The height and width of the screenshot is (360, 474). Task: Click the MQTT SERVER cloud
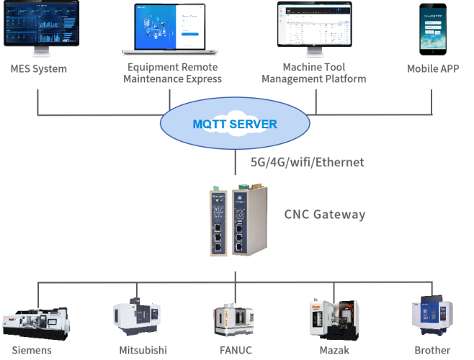234,123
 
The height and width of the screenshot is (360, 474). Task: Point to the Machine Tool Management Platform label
314,73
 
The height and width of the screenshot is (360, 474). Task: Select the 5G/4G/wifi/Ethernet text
307,162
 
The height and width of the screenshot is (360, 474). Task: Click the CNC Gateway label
324,214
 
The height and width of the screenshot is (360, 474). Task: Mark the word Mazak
335,351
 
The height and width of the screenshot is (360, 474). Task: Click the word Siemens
32,351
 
